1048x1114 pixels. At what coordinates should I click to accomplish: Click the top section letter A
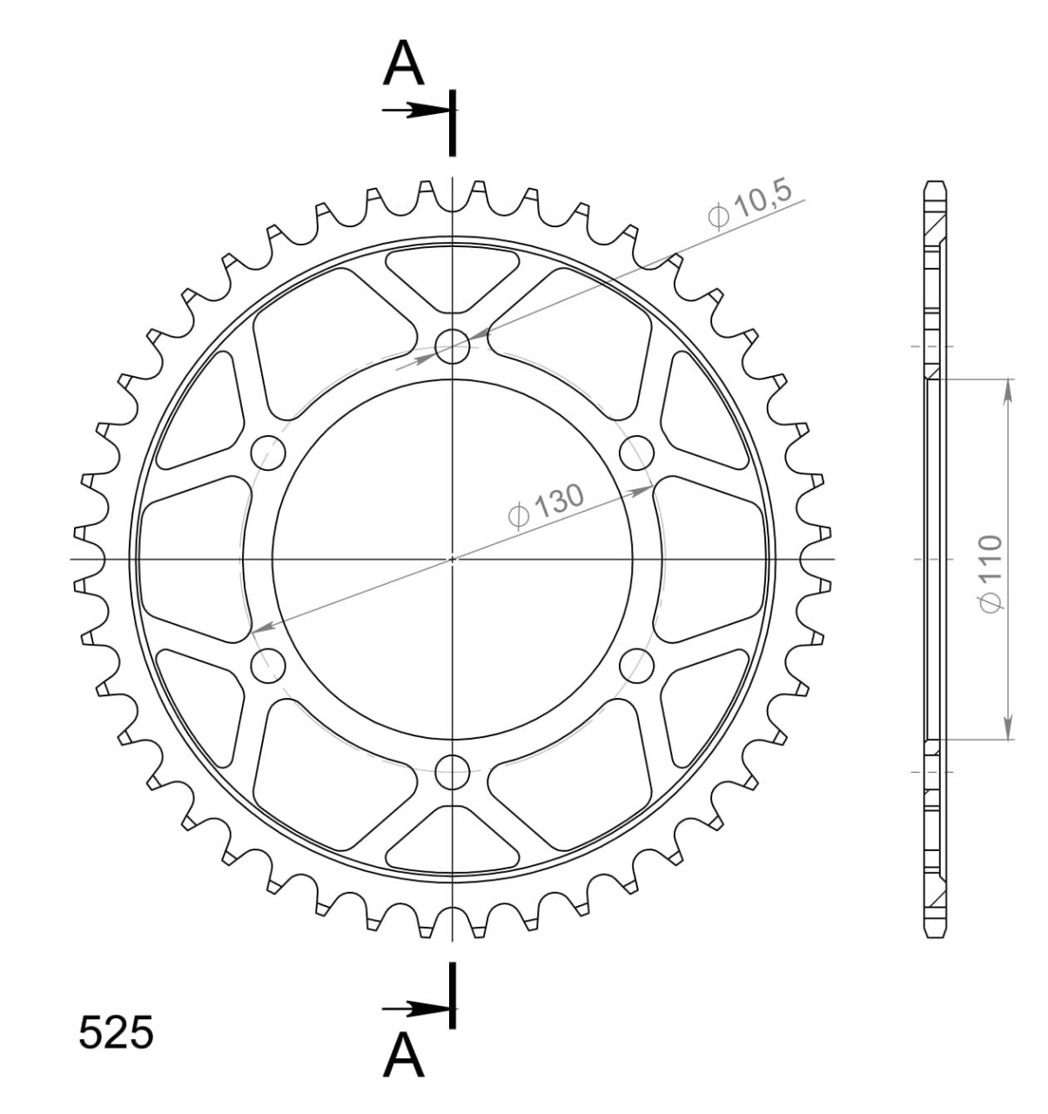pyautogui.click(x=403, y=64)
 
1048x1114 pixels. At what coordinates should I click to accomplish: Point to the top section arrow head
pyautogui.click(x=427, y=110)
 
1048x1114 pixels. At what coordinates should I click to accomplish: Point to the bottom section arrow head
pyautogui.click(x=427, y=1009)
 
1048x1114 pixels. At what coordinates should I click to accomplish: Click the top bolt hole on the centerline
pyautogui.click(x=452, y=346)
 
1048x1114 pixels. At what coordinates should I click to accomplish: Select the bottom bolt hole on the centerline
pyautogui.click(x=452, y=772)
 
